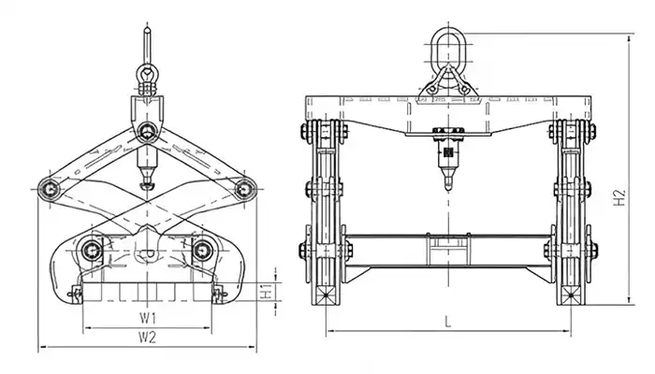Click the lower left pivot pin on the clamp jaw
(91, 249)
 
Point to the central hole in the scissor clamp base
(146, 253)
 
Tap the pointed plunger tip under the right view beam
(447, 181)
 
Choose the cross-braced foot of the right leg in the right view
(570, 296)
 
